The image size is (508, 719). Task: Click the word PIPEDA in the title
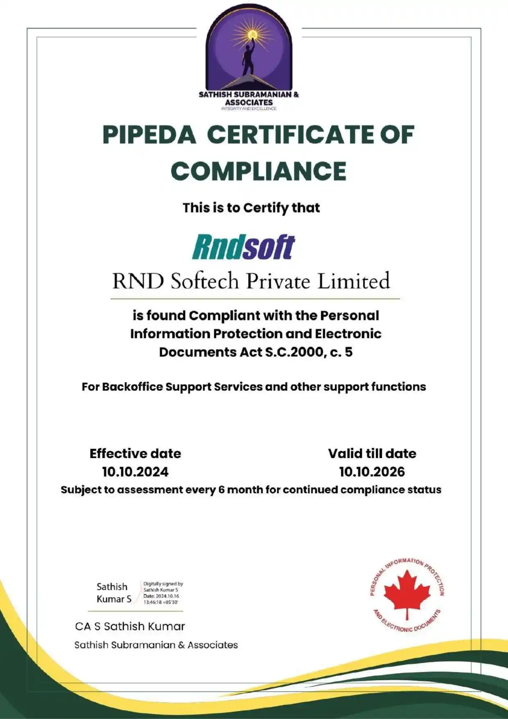coord(149,135)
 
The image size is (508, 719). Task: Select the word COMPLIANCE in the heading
coord(259,171)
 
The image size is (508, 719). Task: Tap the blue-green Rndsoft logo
coord(243,247)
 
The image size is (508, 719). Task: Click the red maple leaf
coord(407,593)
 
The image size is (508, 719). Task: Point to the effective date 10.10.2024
coord(135,472)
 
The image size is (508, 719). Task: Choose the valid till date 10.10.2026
coord(372,472)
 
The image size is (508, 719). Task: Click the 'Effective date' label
coord(135,454)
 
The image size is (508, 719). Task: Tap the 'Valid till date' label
coord(372,454)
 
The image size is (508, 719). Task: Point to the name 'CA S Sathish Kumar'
coord(130,626)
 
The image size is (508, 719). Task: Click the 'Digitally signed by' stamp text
coord(163,584)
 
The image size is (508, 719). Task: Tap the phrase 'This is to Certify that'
coord(251,208)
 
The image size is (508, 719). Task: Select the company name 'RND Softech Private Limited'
coord(251,281)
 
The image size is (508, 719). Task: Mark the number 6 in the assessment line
coord(221,490)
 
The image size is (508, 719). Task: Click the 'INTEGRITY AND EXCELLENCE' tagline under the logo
coord(249,109)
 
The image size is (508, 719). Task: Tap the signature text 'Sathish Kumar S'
coord(113,593)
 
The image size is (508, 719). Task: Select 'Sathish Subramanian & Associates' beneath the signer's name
coord(156,645)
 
